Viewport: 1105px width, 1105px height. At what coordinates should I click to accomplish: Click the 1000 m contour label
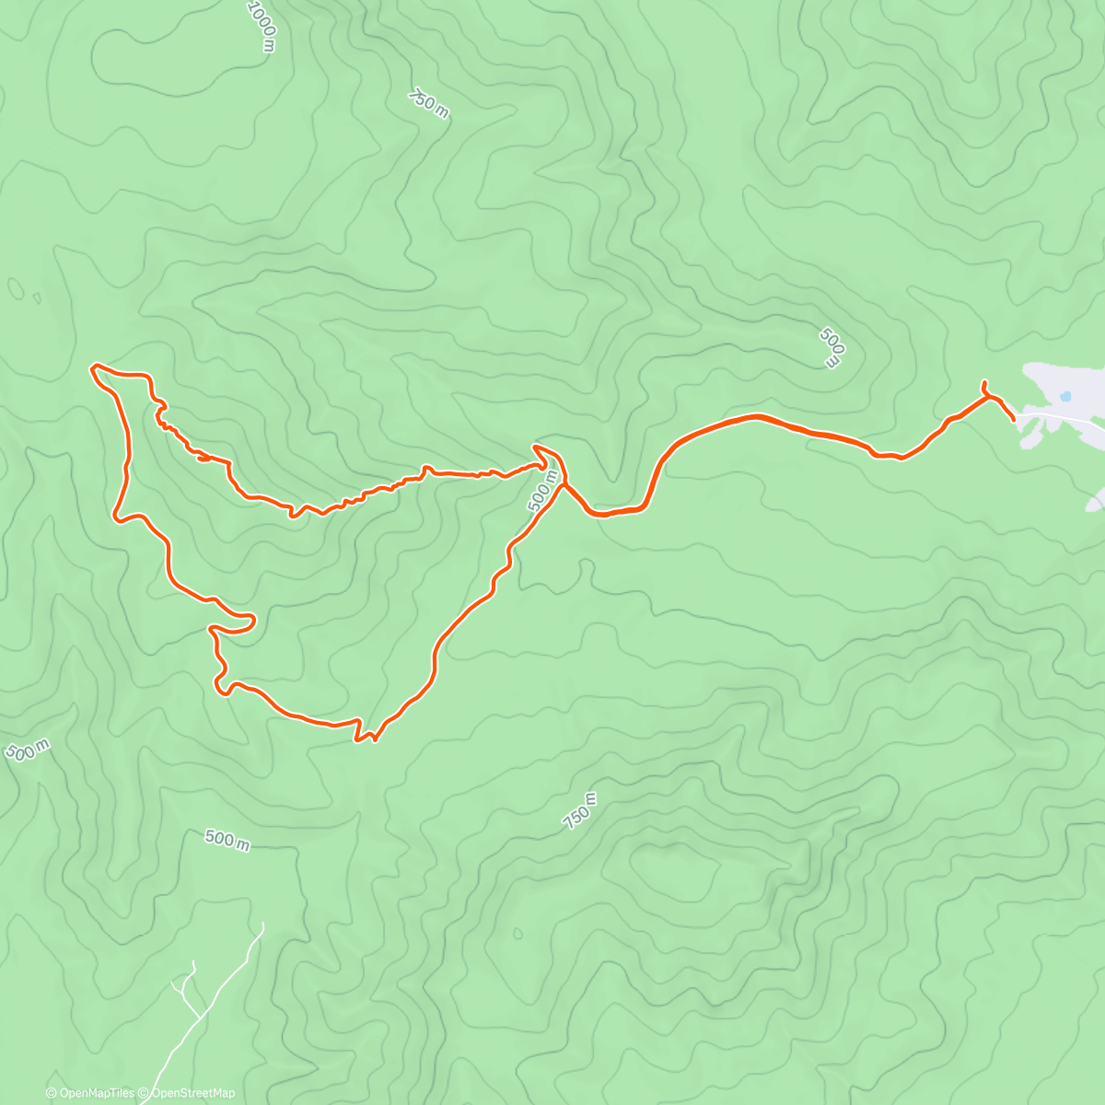[262, 25]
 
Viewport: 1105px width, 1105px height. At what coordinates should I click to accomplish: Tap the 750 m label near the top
[429, 103]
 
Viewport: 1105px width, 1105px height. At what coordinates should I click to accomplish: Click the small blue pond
[1064, 397]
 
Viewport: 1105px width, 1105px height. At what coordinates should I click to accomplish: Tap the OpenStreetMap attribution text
[192, 1093]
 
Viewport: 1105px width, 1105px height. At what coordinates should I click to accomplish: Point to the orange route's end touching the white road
[1014, 419]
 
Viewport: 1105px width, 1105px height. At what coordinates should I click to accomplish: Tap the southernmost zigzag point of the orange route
[374, 739]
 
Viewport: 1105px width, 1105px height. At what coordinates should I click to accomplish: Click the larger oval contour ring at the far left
[15, 289]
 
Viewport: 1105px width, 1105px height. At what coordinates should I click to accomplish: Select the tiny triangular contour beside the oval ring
[36, 297]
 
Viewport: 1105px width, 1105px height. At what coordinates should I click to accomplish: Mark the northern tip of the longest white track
[262, 924]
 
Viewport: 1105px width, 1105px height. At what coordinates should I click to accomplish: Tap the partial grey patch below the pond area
[1096, 500]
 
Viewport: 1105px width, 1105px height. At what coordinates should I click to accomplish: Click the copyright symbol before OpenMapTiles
[52, 1093]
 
